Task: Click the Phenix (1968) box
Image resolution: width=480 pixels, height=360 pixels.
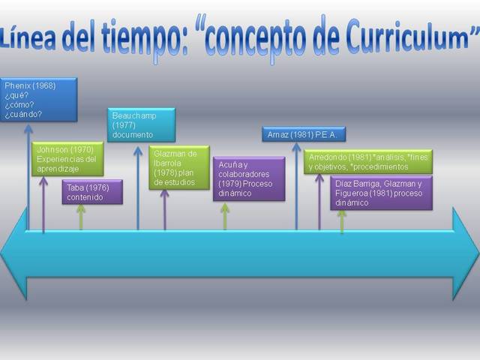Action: pos(38,100)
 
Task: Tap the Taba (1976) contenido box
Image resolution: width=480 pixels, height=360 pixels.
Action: pos(91,192)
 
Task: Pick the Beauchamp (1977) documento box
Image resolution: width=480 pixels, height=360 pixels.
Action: pos(141,124)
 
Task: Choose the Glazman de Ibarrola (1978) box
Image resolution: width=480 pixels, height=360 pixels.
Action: pos(178,167)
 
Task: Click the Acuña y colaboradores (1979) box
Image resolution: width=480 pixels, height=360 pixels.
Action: pos(248,178)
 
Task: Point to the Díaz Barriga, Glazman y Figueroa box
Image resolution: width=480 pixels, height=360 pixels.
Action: pos(381,193)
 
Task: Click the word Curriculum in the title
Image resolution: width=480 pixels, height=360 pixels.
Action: pos(405,35)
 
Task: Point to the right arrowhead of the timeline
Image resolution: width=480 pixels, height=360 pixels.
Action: pos(464,254)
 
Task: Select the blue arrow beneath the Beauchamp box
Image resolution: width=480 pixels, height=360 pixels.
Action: pos(138,187)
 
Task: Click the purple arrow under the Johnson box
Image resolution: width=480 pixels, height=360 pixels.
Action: pos(43,202)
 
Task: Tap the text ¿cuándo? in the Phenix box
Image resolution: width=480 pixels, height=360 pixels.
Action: pos(23,115)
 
